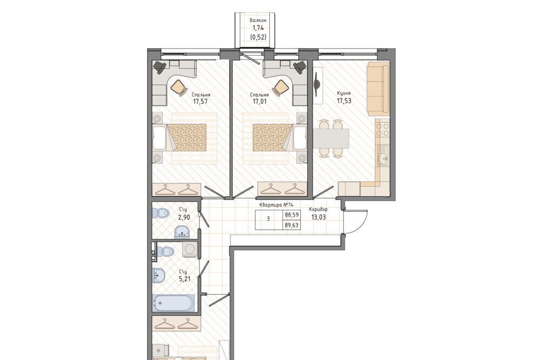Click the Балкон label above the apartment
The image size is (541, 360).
(x=258, y=21)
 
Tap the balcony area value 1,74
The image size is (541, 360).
(x=258, y=28)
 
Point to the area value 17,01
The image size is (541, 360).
(x=260, y=102)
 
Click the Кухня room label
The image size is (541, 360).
(x=344, y=93)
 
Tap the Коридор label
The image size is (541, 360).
(x=318, y=209)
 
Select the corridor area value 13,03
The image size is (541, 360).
(x=318, y=217)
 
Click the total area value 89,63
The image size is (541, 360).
(x=292, y=225)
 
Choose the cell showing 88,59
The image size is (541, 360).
(x=292, y=215)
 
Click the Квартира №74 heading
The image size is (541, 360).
(x=276, y=204)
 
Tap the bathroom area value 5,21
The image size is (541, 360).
(x=184, y=278)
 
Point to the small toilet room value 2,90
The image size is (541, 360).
(x=184, y=217)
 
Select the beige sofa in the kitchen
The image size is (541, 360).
(x=378, y=89)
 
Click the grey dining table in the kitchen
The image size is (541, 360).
(x=331, y=138)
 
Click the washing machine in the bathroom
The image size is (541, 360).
(x=189, y=249)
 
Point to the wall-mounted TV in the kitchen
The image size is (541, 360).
(x=317, y=85)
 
